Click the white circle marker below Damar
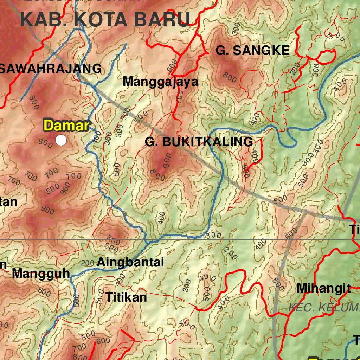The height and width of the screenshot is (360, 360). click(61, 140)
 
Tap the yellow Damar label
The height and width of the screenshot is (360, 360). click(66, 126)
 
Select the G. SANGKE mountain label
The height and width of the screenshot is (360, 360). click(252, 51)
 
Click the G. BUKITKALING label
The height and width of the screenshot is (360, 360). click(199, 142)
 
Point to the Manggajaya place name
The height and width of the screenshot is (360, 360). click(160, 82)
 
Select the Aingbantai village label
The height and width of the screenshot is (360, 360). click(130, 262)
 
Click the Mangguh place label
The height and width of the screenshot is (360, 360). click(41, 274)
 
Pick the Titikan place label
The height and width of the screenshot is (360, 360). click(126, 297)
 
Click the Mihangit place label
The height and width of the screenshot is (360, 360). click(323, 288)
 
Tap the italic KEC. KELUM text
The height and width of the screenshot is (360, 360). click(323, 308)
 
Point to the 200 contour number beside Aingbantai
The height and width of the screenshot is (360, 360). click(88, 263)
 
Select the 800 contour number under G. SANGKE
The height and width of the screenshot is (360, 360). click(230, 77)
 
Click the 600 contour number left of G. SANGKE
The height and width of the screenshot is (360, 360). click(172, 65)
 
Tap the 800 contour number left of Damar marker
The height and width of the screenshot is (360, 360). click(46, 142)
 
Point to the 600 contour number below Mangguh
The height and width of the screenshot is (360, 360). click(44, 291)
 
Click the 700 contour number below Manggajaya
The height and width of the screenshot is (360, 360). click(179, 96)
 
